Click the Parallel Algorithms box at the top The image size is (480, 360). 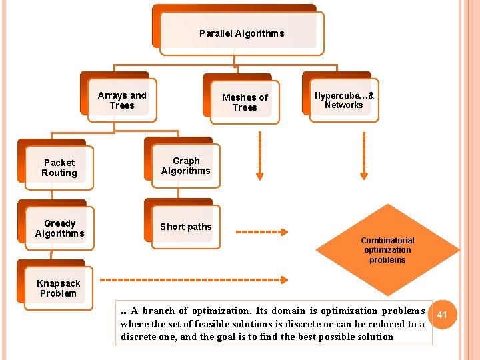(x=241, y=33)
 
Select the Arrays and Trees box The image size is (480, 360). (x=122, y=101)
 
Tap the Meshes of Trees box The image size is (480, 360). (x=245, y=102)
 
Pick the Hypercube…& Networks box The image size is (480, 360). (x=344, y=100)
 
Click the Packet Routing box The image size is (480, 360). (x=59, y=168)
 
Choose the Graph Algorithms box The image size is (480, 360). (x=186, y=166)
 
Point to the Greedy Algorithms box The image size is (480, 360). (x=59, y=229)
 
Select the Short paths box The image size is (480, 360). (x=186, y=227)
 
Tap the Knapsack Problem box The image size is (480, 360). (x=58, y=289)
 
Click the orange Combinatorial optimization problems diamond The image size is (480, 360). (x=387, y=250)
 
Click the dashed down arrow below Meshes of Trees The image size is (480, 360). (x=259, y=157)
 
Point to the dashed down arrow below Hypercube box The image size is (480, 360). (x=363, y=157)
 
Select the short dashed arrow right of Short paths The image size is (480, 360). (x=262, y=232)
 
